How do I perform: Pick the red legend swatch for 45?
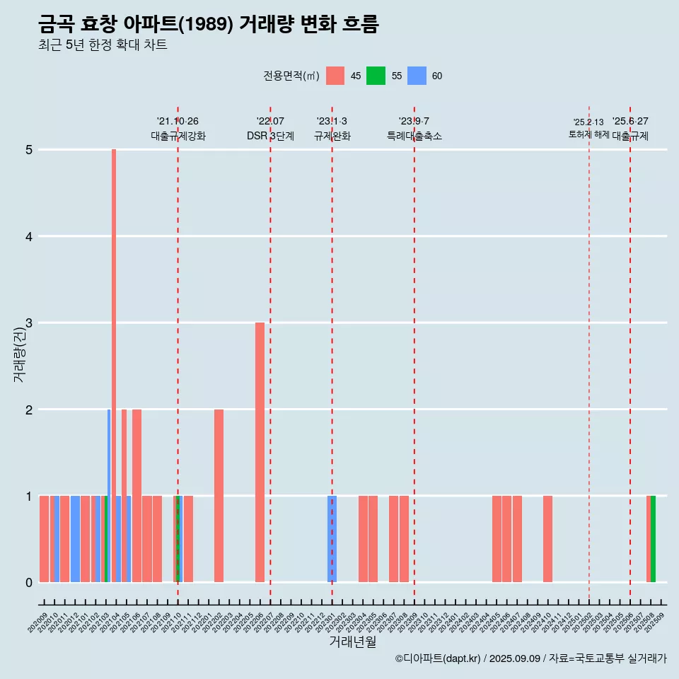pos(335,76)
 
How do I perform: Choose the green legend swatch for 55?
pos(376,76)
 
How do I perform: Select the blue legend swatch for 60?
pos(417,76)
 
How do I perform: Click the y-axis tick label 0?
pos(29,582)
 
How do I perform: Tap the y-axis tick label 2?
pos(29,410)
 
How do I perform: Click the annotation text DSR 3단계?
pos(270,136)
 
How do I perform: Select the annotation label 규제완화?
pos(332,136)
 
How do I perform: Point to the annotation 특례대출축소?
pos(414,136)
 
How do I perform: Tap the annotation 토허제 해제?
pos(588,134)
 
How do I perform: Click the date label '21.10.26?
pos(178,122)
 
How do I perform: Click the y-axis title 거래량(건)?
pos(19,357)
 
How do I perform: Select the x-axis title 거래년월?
pos(352,642)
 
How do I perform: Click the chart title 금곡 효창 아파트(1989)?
pos(209,25)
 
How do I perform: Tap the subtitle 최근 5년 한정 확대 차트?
pos(103,45)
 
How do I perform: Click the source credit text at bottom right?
pos(530,658)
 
